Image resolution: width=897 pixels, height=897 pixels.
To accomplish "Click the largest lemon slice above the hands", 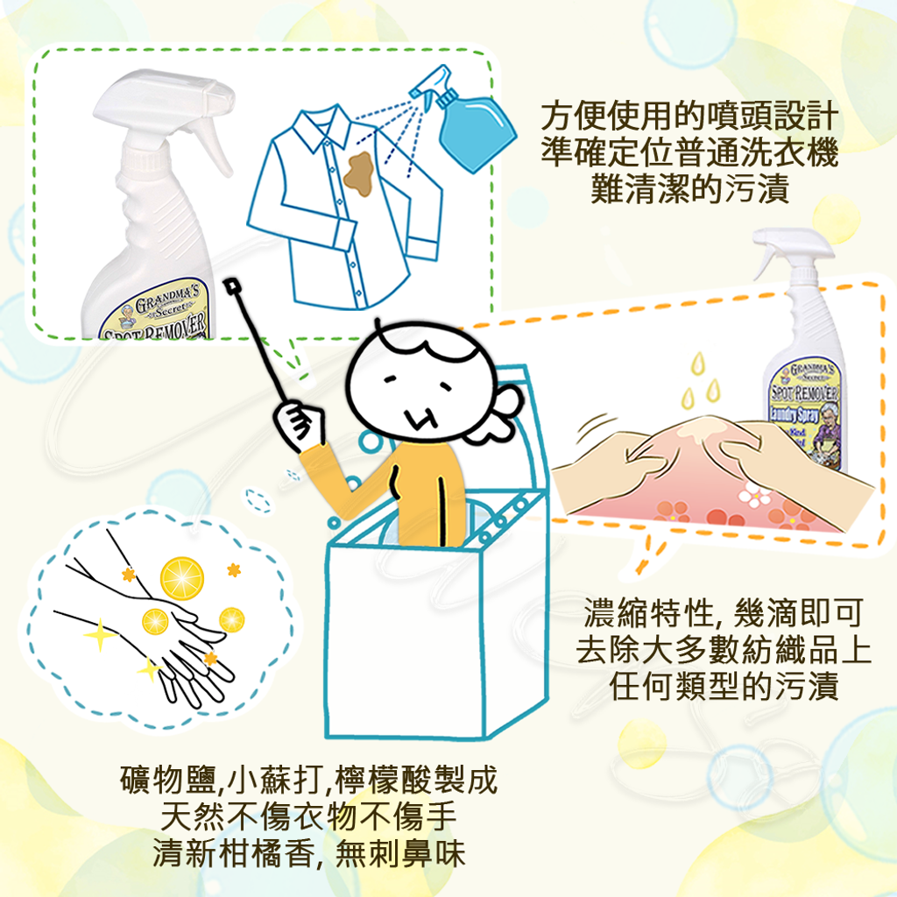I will tap(182, 578).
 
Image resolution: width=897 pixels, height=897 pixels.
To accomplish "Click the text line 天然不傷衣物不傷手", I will tap(309, 816).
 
